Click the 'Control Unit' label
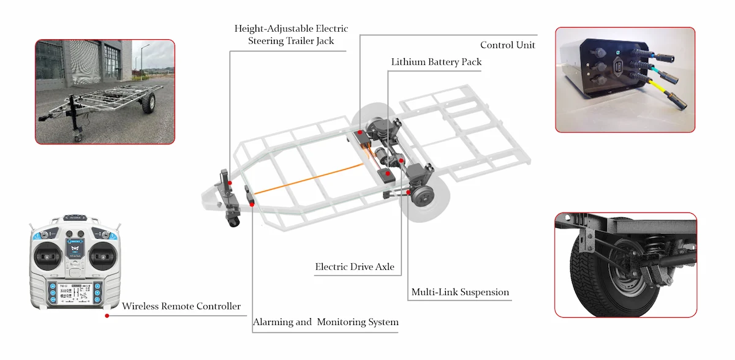click(507, 45)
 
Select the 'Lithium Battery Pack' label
click(436, 62)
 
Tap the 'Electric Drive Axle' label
click(355, 267)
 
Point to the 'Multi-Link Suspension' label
click(459, 292)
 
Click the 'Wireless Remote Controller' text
click(181, 306)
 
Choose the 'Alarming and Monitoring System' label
click(326, 322)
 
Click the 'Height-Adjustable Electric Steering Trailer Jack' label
click(292, 35)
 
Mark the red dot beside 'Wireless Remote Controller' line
click(107, 316)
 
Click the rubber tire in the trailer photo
click(147, 105)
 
